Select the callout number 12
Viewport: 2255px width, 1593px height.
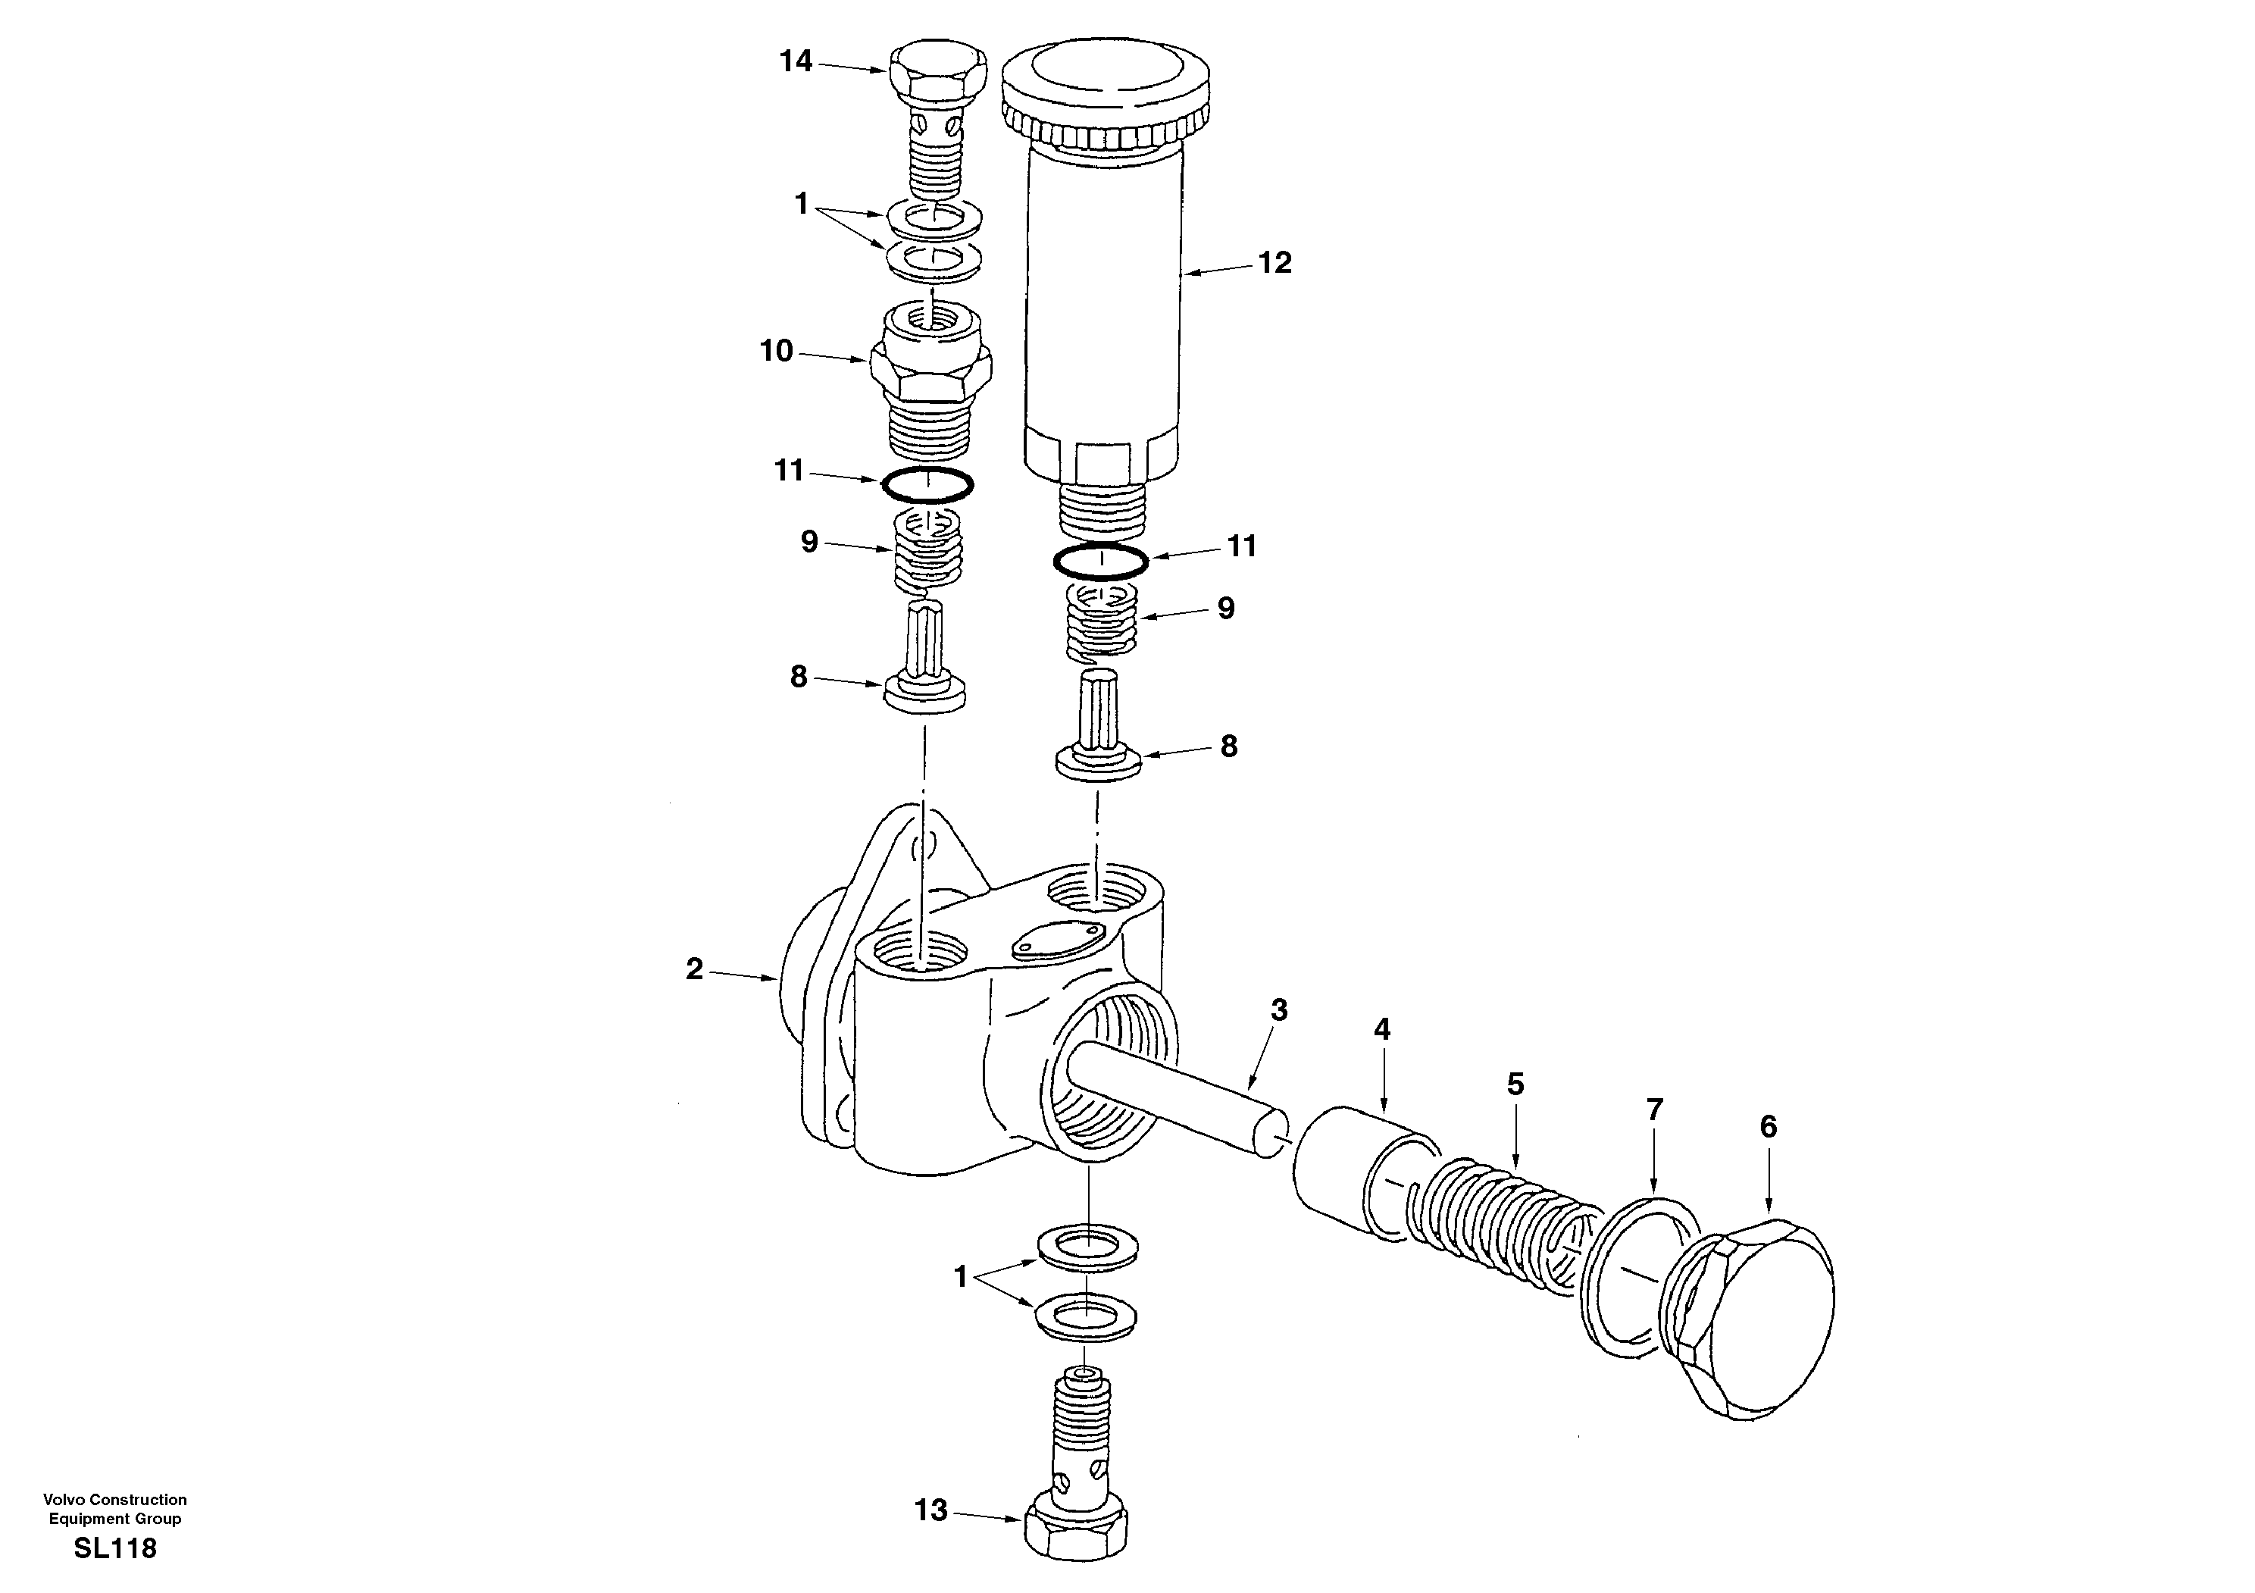tap(1274, 263)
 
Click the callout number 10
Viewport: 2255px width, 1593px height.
tap(776, 352)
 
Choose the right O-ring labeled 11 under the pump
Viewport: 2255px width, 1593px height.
tap(1100, 562)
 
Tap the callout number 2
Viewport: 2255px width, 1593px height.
tap(694, 970)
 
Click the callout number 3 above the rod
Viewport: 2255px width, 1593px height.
tap(1279, 1009)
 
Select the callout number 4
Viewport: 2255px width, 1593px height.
tap(1382, 1030)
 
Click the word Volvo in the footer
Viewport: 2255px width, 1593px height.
tap(62, 1500)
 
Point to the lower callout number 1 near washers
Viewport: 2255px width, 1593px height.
tap(962, 1278)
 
